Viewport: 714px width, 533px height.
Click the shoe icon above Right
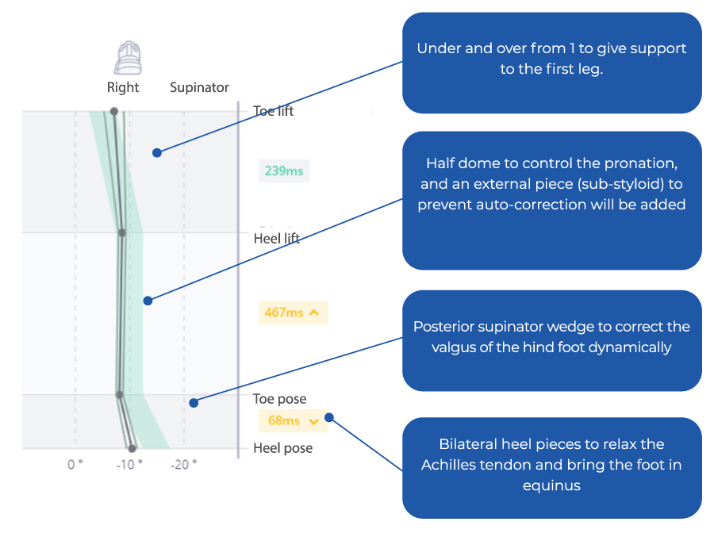coord(124,58)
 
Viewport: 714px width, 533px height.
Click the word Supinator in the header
coord(199,87)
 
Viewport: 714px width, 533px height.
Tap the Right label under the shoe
coord(123,87)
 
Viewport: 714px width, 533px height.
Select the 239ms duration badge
coord(284,170)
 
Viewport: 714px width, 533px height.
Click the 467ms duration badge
coord(293,313)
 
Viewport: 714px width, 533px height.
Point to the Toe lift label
coord(273,111)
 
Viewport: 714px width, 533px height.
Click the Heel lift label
coord(276,238)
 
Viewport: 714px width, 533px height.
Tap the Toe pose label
coord(279,399)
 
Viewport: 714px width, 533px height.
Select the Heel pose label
coord(282,448)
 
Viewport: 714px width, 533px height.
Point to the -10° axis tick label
coord(129,465)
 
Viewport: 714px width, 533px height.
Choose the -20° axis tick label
coord(183,465)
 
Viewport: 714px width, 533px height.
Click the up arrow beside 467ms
coord(314,313)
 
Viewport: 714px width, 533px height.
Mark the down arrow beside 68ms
coord(313,421)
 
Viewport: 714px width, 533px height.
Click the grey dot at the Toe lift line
coord(113,111)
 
